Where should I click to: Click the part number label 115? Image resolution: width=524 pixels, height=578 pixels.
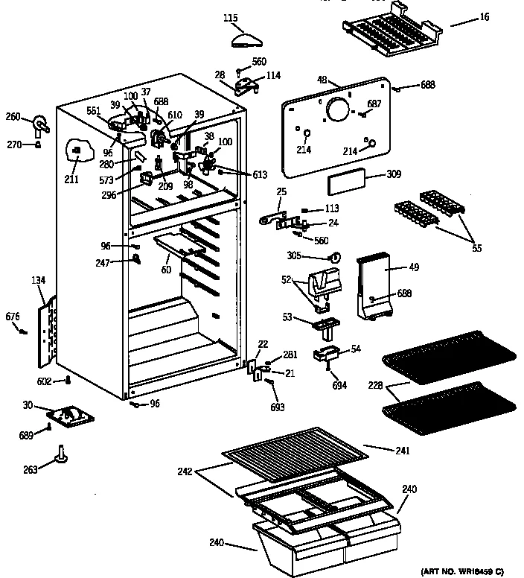coord(231,16)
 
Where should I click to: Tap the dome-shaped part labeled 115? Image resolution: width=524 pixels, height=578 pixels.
coord(243,39)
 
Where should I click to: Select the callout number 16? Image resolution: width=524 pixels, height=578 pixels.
coord(485,16)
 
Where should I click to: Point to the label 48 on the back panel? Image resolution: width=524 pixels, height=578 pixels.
coord(322,80)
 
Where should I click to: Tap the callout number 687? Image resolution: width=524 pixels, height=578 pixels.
coord(374,104)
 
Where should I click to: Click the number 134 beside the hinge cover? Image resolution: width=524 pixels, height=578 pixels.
coord(38,280)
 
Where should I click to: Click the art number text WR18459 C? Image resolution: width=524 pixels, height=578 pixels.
coord(462,571)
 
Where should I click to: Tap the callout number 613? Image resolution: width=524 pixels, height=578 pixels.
coord(259,175)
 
